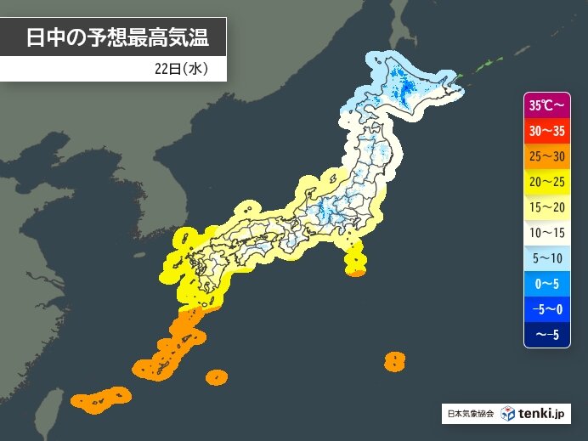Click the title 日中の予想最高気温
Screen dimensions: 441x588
(116, 38)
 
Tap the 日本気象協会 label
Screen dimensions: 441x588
(468, 415)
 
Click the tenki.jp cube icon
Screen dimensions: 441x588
(507, 414)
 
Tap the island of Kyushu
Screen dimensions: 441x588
(200, 272)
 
